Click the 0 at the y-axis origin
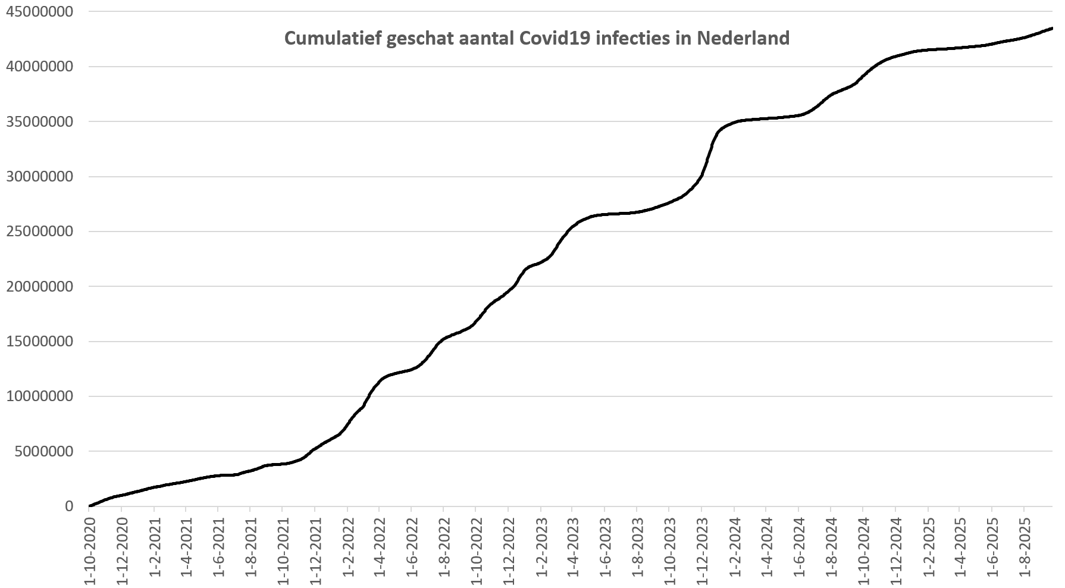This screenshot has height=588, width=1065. coord(70,506)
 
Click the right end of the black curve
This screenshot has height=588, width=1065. coord(1052,28)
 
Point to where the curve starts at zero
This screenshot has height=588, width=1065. coord(90,506)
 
